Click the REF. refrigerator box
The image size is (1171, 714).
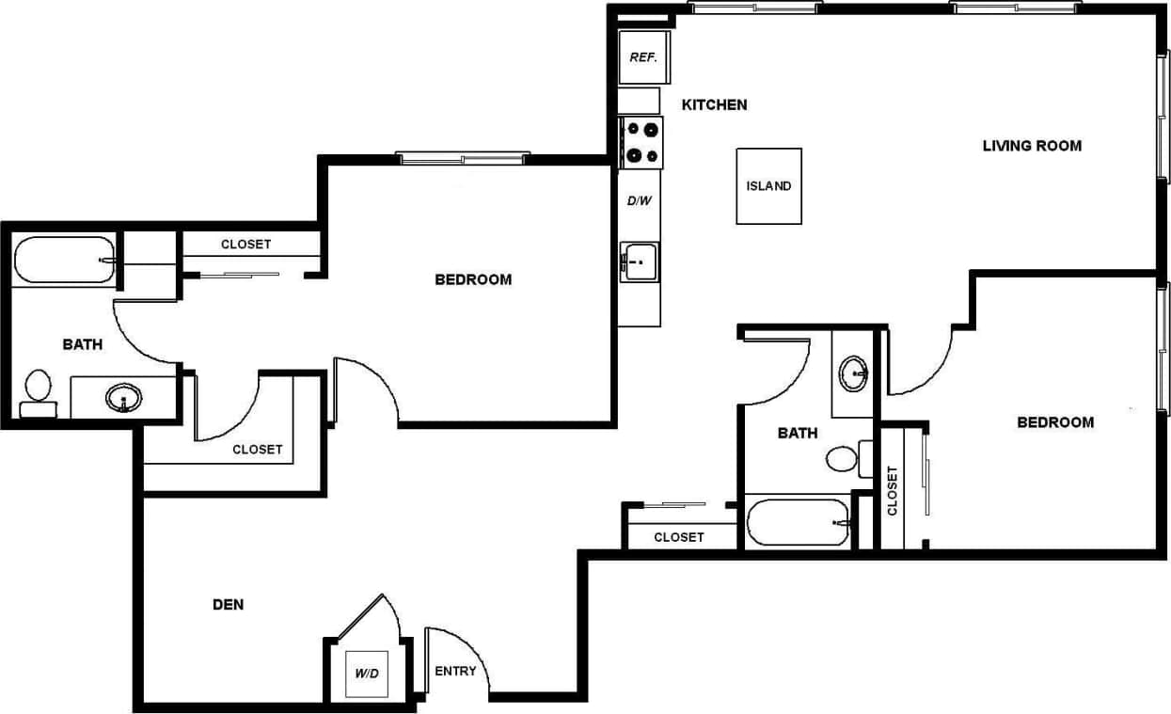point(642,57)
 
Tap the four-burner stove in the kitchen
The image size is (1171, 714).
point(641,142)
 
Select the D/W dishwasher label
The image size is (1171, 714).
point(640,200)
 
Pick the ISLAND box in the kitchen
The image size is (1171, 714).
point(768,186)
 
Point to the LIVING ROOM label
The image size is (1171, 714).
point(1032,146)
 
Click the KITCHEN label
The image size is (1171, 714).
point(714,104)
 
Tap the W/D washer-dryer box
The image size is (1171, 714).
point(366,674)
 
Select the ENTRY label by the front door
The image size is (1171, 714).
point(455,672)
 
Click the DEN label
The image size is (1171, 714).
point(229,604)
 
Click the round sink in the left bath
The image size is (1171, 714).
point(123,398)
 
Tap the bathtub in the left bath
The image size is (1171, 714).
point(63,259)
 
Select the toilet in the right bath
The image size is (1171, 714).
point(842,459)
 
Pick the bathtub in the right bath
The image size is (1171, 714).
point(798,522)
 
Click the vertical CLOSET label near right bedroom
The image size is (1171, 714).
point(893,490)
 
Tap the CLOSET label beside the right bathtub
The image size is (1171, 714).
point(678,537)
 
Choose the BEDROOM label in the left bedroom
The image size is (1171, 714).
point(473,279)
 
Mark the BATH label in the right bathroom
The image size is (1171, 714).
point(797,434)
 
